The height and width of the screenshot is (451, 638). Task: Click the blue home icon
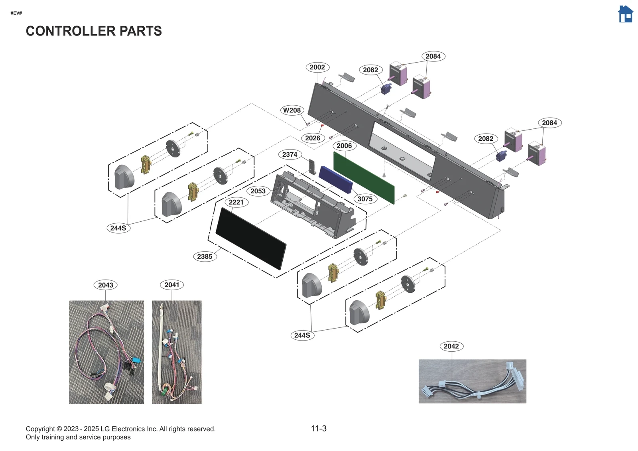[625, 14]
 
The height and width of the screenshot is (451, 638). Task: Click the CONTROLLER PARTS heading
[94, 31]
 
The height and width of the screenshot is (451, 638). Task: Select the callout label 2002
[317, 67]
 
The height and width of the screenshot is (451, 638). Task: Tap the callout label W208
[292, 110]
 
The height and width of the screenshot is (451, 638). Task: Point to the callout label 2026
[313, 138]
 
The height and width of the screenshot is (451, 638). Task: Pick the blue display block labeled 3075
[335, 180]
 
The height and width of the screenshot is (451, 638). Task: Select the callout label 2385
[205, 256]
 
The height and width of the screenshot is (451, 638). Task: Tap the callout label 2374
[289, 155]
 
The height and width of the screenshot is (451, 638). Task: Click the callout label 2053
[258, 191]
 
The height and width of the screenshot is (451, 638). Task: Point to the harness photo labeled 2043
[106, 352]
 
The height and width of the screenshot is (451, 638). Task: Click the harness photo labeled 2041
[177, 352]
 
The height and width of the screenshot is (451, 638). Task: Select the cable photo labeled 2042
[472, 381]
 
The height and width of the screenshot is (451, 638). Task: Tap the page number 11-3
[319, 429]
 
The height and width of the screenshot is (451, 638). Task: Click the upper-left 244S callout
[118, 228]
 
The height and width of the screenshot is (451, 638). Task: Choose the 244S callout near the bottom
[302, 335]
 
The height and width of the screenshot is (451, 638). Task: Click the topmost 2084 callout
[433, 56]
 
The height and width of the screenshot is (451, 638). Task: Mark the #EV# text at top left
[16, 13]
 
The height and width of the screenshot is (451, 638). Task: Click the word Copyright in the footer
[40, 429]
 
